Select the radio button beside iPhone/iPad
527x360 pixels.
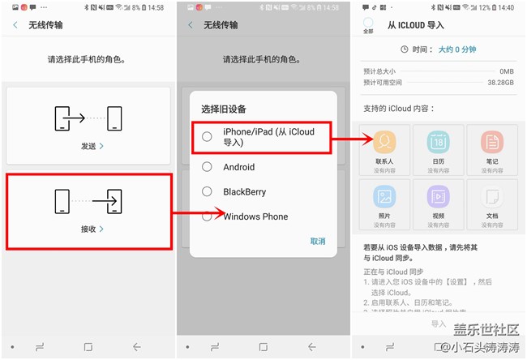[208, 136]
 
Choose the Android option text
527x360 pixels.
[239, 167]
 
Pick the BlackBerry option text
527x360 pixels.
[245, 192]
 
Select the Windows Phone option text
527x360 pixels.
[255, 216]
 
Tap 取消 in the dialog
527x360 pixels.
[318, 241]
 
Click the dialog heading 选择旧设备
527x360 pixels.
[224, 109]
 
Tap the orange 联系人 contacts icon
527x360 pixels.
[384, 143]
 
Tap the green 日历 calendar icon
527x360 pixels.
[438, 143]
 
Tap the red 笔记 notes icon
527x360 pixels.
[491, 143]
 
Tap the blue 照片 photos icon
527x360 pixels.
[384, 197]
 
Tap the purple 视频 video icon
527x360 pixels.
[438, 197]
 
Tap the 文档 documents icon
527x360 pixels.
[491, 197]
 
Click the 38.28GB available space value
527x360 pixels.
[499, 83]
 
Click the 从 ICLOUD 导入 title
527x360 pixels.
[416, 25]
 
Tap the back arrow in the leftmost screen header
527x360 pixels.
[15, 25]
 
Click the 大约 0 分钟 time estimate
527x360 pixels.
[457, 49]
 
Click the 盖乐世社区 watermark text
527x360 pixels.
[486, 330]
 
